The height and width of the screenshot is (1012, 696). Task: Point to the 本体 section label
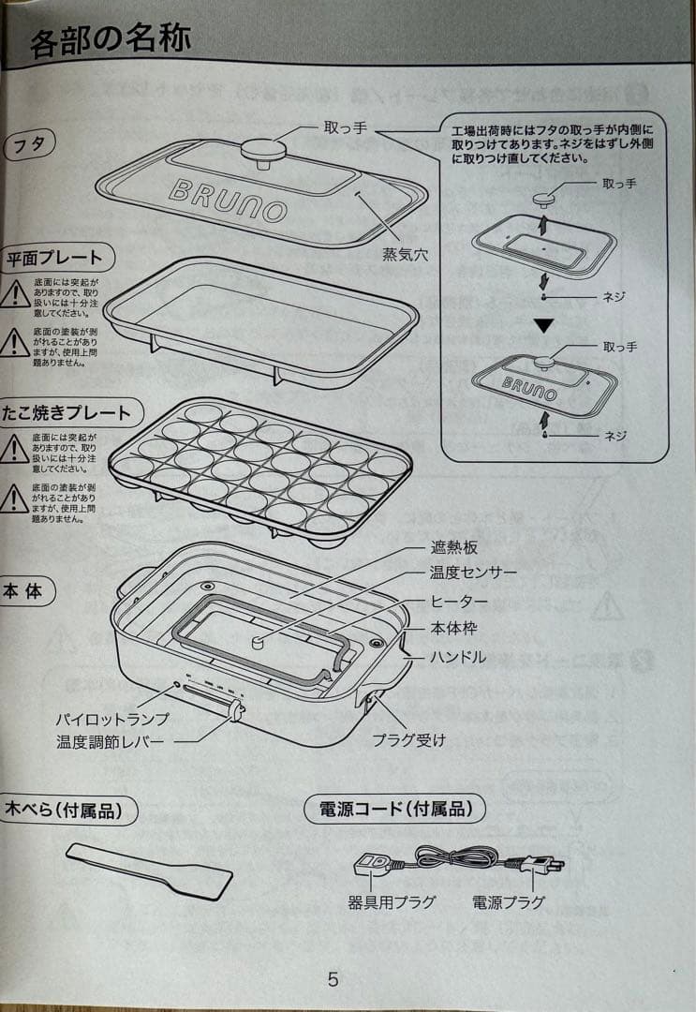click(27, 591)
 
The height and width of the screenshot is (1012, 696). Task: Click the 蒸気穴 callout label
click(405, 254)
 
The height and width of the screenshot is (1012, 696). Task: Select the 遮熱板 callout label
click(455, 550)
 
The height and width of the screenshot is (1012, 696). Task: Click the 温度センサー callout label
click(473, 572)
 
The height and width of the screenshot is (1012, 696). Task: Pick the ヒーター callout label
click(459, 601)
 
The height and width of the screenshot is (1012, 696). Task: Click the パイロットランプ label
click(111, 719)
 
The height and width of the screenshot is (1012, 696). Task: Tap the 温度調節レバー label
click(110, 742)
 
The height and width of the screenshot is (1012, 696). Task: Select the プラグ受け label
click(408, 740)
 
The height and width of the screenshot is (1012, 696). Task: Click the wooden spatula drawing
click(149, 868)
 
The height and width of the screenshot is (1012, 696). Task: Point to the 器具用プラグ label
click(392, 903)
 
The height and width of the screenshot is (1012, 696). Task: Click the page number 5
click(333, 980)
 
